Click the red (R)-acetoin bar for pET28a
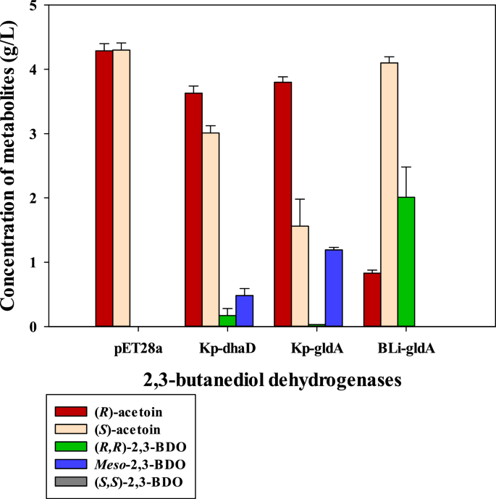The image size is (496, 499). [x=104, y=188]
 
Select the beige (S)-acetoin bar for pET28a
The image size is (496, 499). [x=122, y=188]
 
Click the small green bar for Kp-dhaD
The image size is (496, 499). [x=227, y=322]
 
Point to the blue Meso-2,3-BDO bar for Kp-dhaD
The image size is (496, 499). [x=245, y=311]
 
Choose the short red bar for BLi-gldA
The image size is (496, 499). [x=372, y=300]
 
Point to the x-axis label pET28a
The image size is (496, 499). [x=125, y=349]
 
